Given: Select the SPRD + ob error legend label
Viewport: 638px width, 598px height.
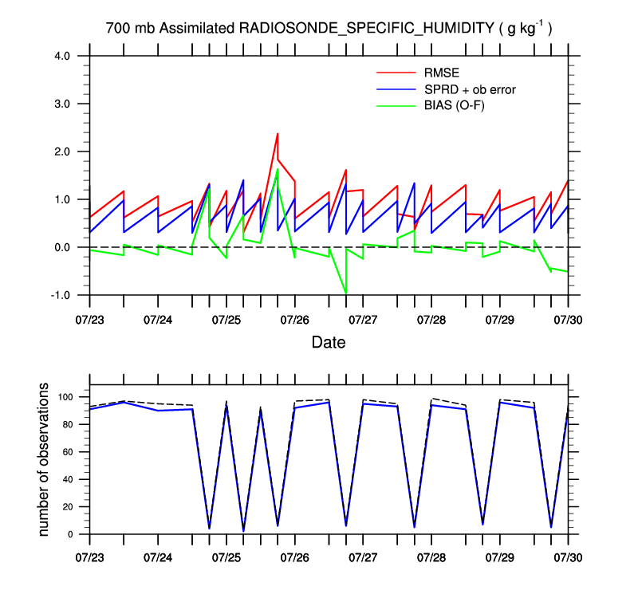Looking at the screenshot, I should pos(470,89).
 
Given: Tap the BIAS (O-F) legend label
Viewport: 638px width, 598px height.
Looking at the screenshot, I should pos(457,104).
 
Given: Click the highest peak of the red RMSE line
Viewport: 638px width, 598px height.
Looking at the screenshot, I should pos(278,134).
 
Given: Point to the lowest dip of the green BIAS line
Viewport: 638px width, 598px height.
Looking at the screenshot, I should pos(345,293).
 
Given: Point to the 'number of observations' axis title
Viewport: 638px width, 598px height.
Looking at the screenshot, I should pos(45,460).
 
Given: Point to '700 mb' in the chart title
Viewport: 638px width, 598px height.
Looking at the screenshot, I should pos(130,29).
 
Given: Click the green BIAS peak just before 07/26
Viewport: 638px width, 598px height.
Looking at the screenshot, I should pos(278,169).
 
